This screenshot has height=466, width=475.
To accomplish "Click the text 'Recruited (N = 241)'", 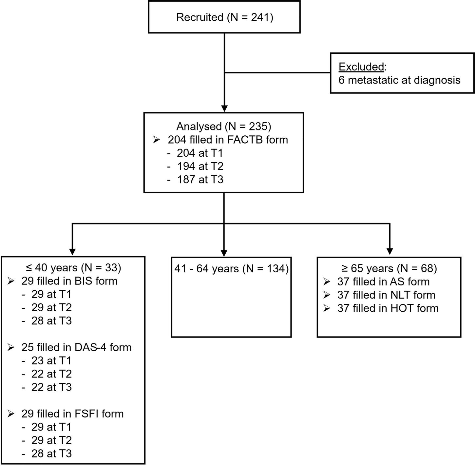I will point(224,17).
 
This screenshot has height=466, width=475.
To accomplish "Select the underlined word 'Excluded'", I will point(361,67).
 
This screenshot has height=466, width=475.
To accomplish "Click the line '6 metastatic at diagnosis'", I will point(399,80).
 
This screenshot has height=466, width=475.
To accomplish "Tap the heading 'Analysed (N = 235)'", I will point(224,126).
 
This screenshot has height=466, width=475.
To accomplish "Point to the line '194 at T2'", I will point(200,166).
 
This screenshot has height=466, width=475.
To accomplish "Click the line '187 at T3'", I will point(200,180).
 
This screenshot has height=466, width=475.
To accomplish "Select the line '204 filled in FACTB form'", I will point(228,140).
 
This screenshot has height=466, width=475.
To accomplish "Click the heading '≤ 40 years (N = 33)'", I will point(73,268).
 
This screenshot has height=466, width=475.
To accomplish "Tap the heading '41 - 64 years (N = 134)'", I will point(231,269).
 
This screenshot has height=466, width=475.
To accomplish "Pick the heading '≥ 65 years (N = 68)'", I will point(389,268).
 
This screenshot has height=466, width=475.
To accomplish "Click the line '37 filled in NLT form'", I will point(386,295).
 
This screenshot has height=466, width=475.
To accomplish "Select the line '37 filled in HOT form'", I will point(388,308).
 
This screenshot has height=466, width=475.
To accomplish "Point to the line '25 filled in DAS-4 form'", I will point(76,347).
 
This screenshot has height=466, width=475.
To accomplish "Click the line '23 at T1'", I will point(51,361).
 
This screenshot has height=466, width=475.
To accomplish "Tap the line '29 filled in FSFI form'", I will point(72,414).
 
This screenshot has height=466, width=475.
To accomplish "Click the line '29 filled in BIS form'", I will point(69,281).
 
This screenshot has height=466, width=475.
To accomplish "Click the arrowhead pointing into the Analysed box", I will point(224,108).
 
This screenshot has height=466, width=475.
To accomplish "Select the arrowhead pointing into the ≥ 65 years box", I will point(389,251).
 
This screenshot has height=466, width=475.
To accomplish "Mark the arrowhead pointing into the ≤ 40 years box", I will point(72,251).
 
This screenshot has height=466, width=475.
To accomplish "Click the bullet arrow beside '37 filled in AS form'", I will point(327,282).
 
